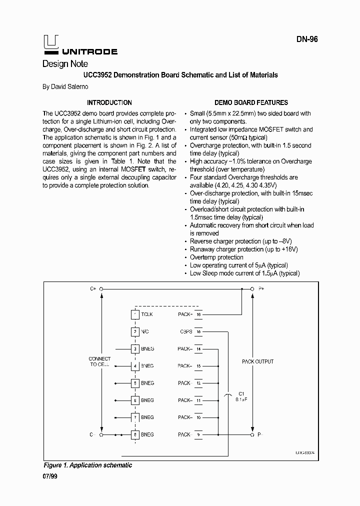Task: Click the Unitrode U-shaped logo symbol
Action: (50, 43)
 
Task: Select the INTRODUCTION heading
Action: (109, 102)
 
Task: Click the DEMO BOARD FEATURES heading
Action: (251, 102)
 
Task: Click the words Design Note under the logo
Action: (65, 63)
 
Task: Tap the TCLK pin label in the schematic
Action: (147, 314)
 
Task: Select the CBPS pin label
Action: (186, 331)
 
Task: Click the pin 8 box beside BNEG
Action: (134, 435)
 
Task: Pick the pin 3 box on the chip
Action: (134, 348)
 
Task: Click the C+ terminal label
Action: (92, 289)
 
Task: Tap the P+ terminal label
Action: (261, 289)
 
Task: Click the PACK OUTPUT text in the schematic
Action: (257, 361)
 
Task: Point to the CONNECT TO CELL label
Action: (99, 362)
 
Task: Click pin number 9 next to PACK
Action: (198, 435)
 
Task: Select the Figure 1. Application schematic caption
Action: (87, 465)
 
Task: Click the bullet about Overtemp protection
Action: (216, 257)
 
